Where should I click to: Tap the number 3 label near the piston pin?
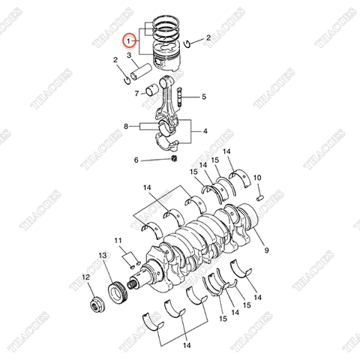click(x=130, y=55)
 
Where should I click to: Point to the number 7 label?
click(x=137, y=94)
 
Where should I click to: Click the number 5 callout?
click(x=203, y=97)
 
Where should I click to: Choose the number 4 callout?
click(x=205, y=131)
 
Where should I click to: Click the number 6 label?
click(x=136, y=160)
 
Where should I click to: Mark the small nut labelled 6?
click(x=174, y=158)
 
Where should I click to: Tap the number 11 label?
click(x=118, y=240)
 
